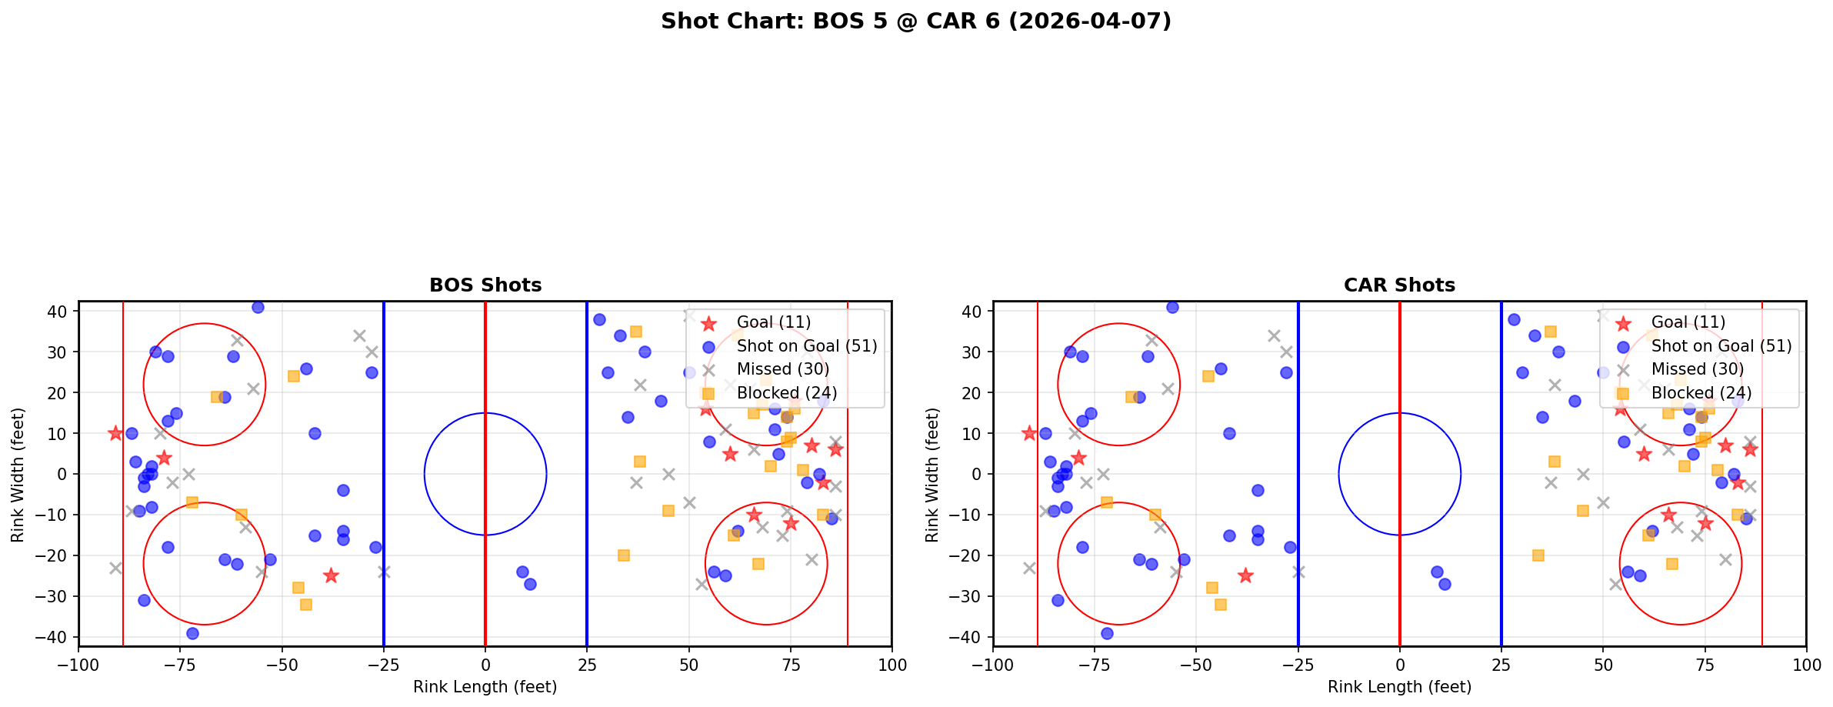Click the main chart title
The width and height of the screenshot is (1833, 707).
[x=915, y=22]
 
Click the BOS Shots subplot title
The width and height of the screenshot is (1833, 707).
[x=485, y=285]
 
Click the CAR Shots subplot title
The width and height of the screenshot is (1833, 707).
[x=1399, y=285]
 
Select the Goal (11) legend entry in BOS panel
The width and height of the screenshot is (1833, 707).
[x=773, y=322]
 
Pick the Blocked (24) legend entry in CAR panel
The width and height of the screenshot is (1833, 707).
[x=1701, y=393]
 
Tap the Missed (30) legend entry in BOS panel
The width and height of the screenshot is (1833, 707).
[x=782, y=369]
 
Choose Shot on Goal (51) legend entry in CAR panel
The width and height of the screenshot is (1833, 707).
[x=1721, y=346]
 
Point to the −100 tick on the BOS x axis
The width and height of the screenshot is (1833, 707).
[x=78, y=665]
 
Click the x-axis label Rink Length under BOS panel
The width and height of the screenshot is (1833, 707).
[x=485, y=687]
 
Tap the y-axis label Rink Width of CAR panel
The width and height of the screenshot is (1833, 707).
[x=932, y=475]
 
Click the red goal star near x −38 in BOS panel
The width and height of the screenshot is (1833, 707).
[x=331, y=575]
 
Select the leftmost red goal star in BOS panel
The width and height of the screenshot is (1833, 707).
[x=115, y=433]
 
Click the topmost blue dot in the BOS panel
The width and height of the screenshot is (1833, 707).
[x=258, y=307]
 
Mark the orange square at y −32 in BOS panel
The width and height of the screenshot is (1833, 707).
[x=306, y=605]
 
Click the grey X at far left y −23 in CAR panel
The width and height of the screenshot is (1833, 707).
[x=1030, y=568]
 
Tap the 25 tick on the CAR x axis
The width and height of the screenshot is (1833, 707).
[x=1501, y=665]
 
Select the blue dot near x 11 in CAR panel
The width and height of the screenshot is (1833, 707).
[x=1445, y=584]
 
